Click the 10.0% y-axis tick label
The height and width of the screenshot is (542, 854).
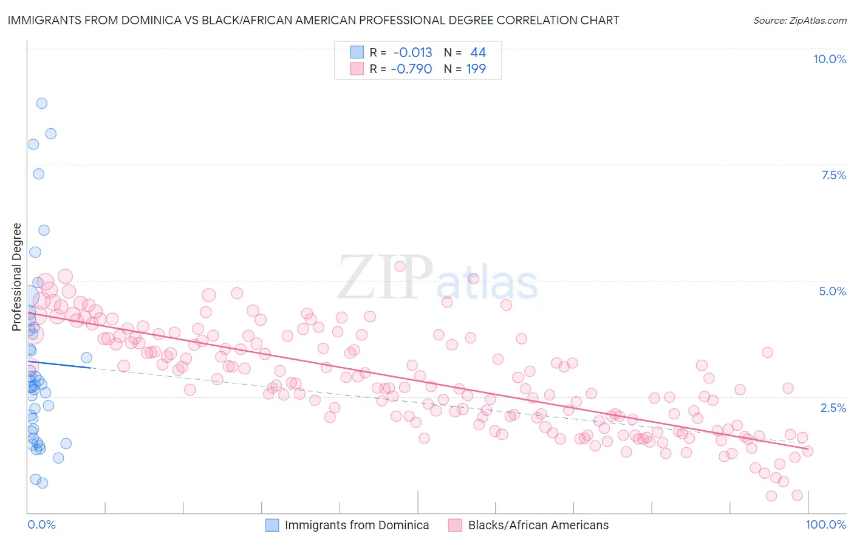click(829, 59)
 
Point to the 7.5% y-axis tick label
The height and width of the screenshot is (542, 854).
click(833, 175)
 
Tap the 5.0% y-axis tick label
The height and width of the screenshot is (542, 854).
click(832, 291)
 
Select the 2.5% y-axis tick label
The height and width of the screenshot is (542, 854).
click(833, 408)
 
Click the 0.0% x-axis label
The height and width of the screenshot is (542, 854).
click(41, 524)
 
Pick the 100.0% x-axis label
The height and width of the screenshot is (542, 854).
click(825, 524)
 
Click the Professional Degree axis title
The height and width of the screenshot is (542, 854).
click(16, 277)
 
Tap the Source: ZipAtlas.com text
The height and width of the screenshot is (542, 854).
click(799, 20)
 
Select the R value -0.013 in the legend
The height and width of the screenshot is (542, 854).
click(412, 52)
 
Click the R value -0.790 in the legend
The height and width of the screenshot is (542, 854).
click(411, 69)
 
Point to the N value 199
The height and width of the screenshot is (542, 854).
click(476, 69)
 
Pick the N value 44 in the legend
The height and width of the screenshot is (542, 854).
click(478, 52)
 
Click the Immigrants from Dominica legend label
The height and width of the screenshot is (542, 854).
click(357, 525)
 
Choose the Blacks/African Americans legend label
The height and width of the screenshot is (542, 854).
click(538, 525)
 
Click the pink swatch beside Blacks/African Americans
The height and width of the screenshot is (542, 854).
click(456, 525)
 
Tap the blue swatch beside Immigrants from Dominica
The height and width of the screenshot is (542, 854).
click(272, 525)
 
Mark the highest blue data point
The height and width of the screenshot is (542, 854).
click(41, 103)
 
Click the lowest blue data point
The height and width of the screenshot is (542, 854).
click(42, 483)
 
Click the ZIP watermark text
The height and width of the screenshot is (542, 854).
click(384, 277)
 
